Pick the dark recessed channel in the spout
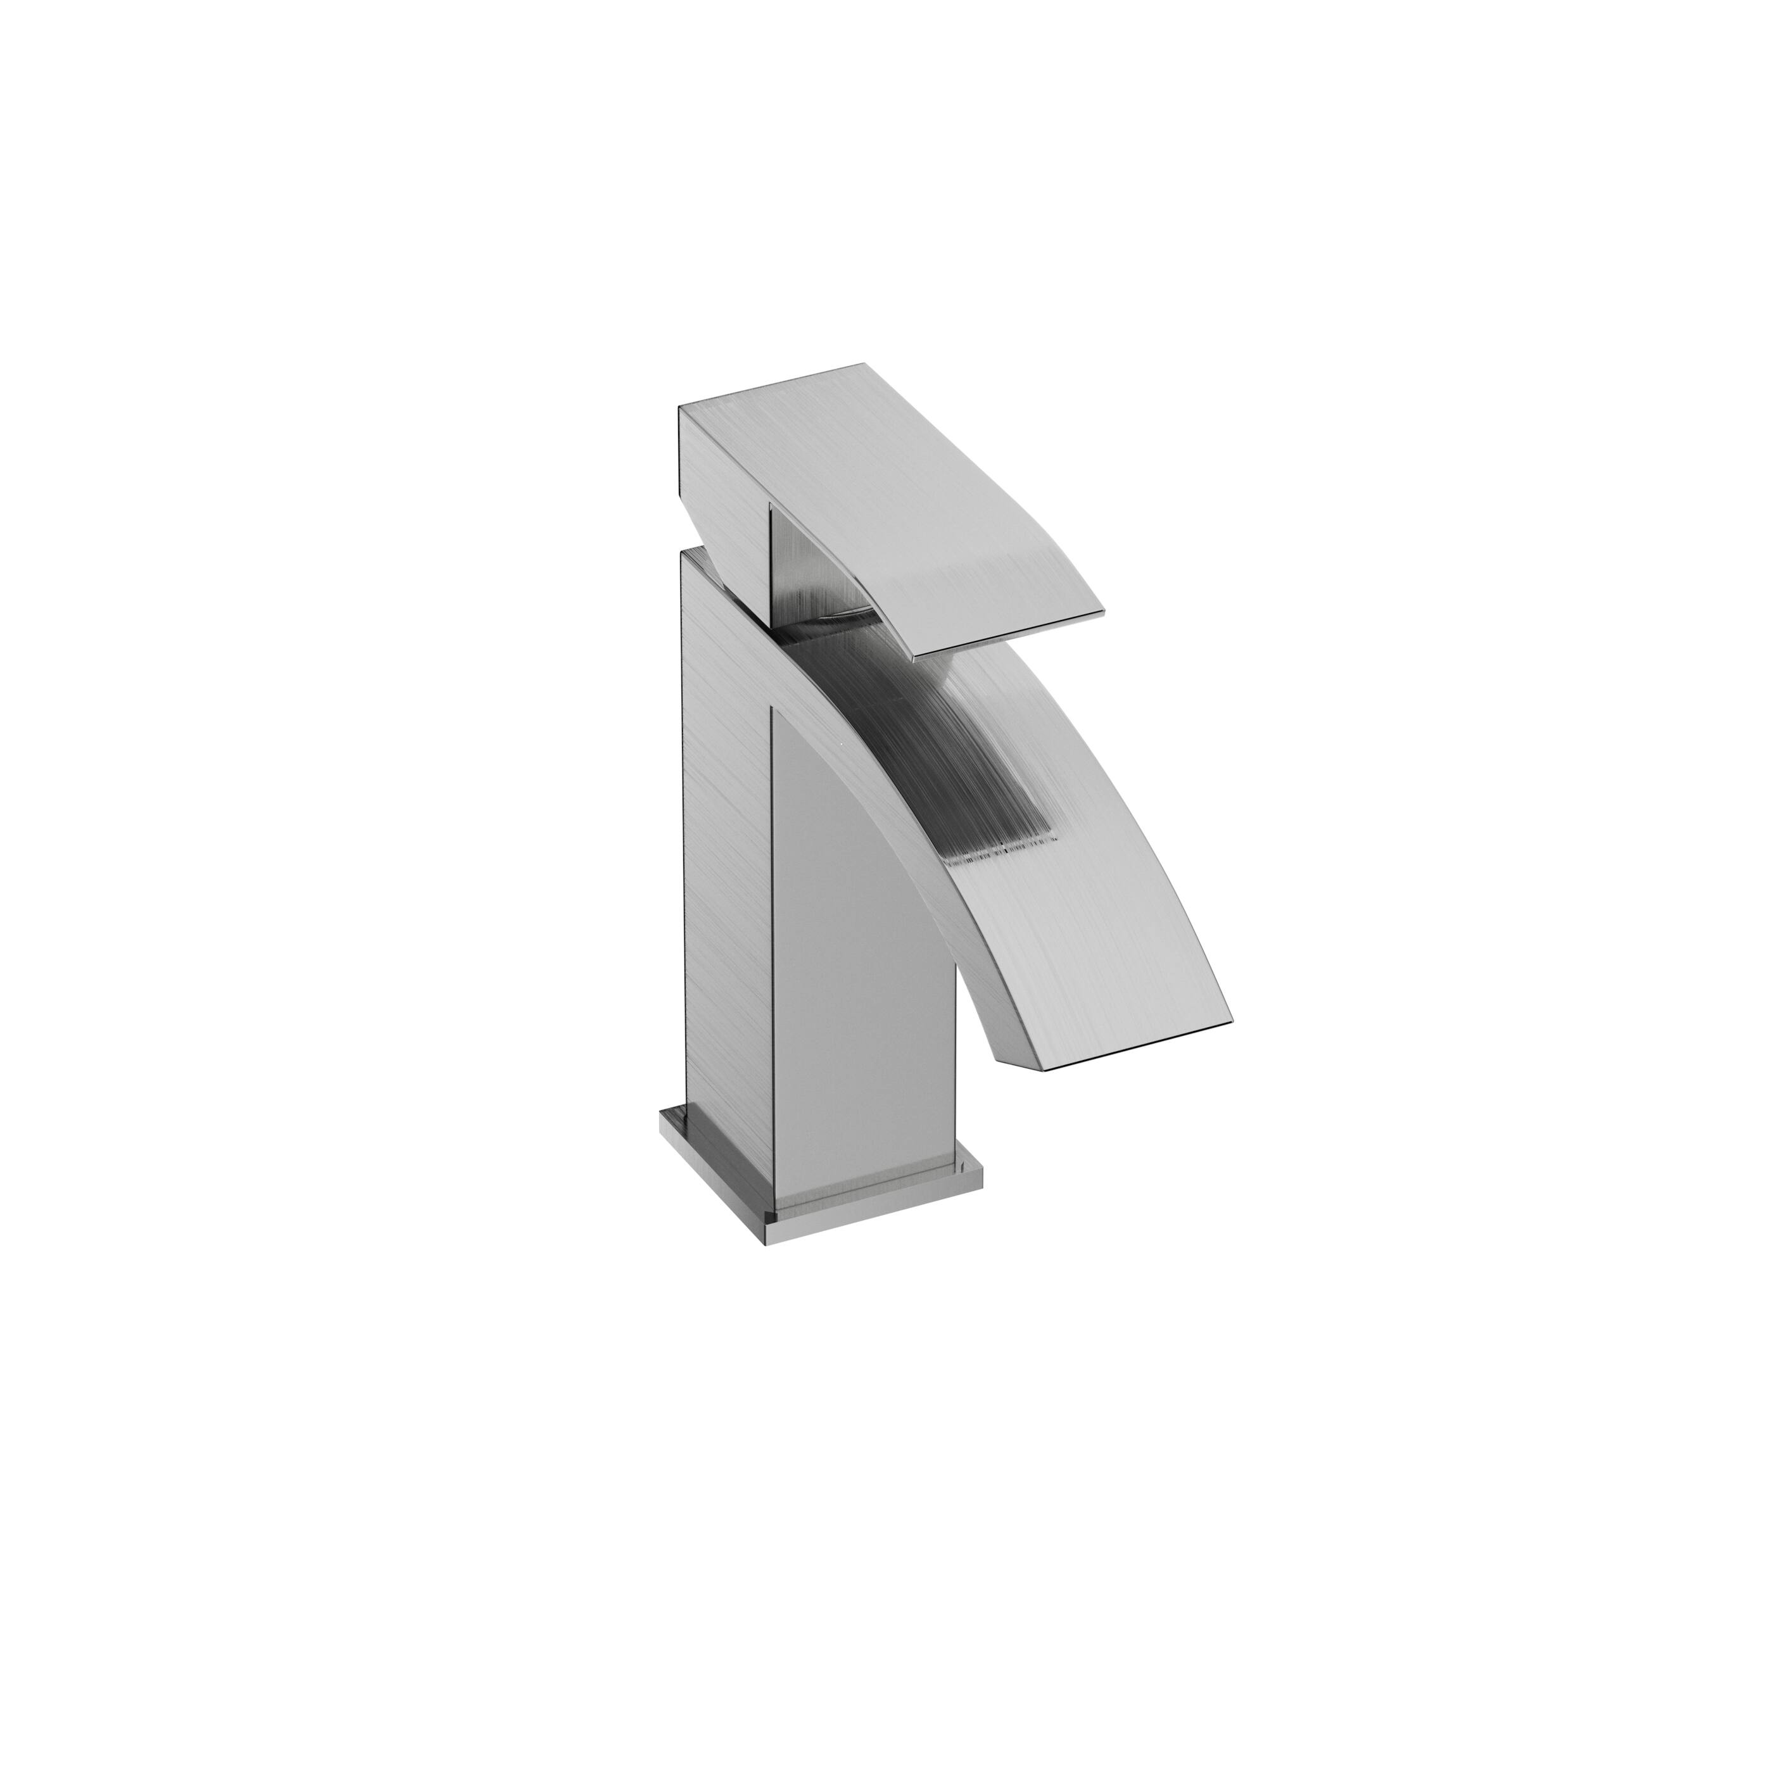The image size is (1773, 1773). pos(918,734)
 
